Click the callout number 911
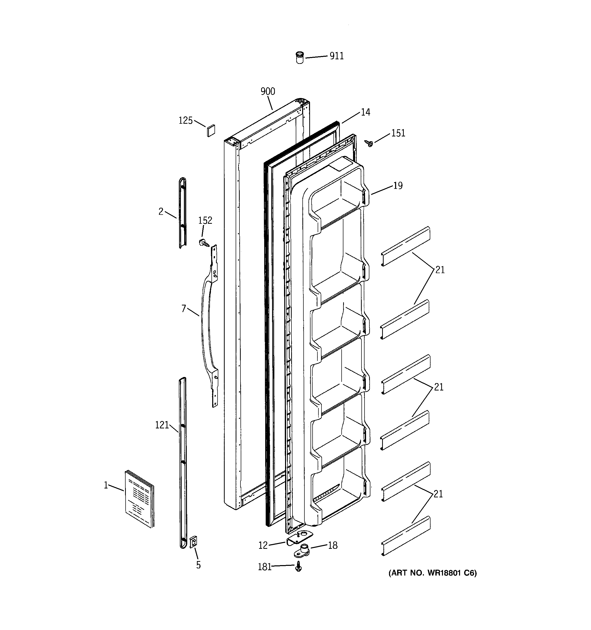(336, 56)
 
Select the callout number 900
(268, 92)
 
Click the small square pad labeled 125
(211, 131)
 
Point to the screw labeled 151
(369, 144)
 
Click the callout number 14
(366, 113)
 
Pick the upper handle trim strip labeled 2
(182, 212)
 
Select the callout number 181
(265, 567)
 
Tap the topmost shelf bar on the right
(405, 246)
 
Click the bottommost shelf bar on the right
(405, 536)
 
